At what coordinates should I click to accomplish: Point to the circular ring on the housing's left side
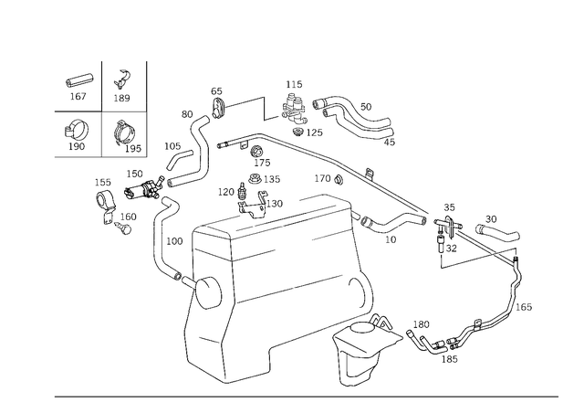click(x=204, y=293)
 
